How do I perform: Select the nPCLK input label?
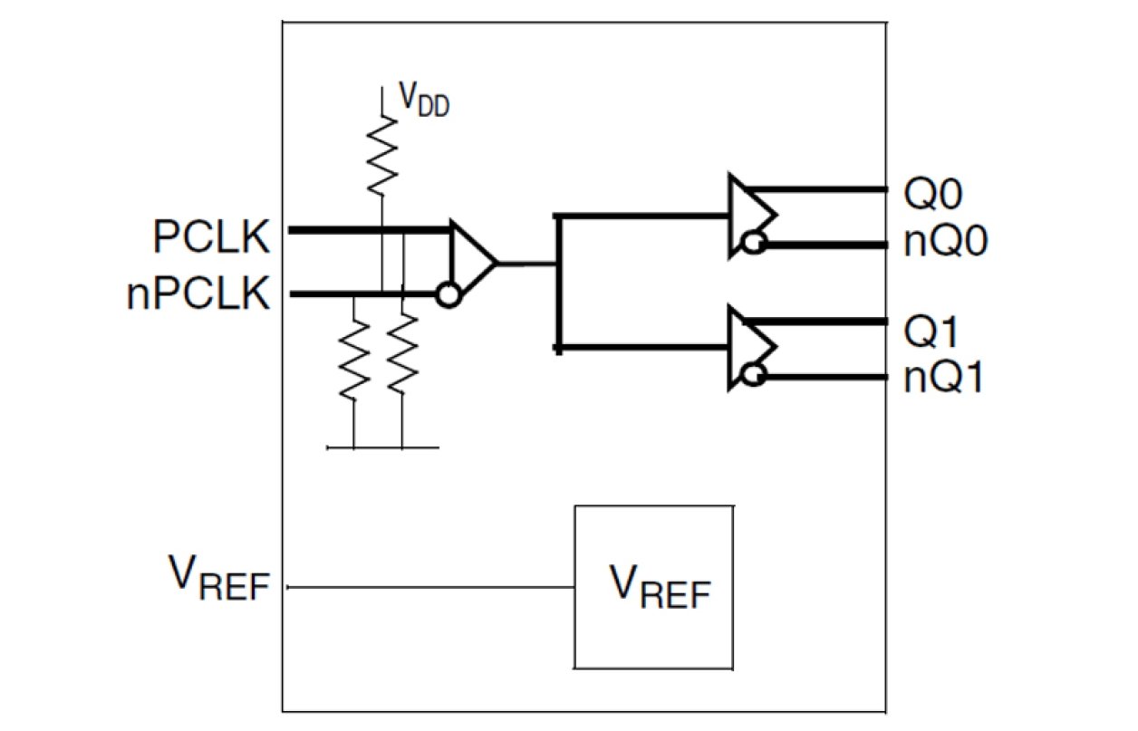coord(198,295)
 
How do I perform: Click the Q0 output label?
coord(932,194)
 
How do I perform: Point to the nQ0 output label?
coord(943,244)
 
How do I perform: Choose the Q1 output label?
coord(932,333)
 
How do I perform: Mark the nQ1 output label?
coord(943,378)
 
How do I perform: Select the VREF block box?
coord(652,587)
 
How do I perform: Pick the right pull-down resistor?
coord(401,355)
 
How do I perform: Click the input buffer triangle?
coord(471,263)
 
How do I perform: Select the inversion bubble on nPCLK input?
coord(446,295)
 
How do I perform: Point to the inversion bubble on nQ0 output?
coord(751,243)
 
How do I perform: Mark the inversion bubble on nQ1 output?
coord(751,375)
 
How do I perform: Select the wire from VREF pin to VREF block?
coord(430,587)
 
